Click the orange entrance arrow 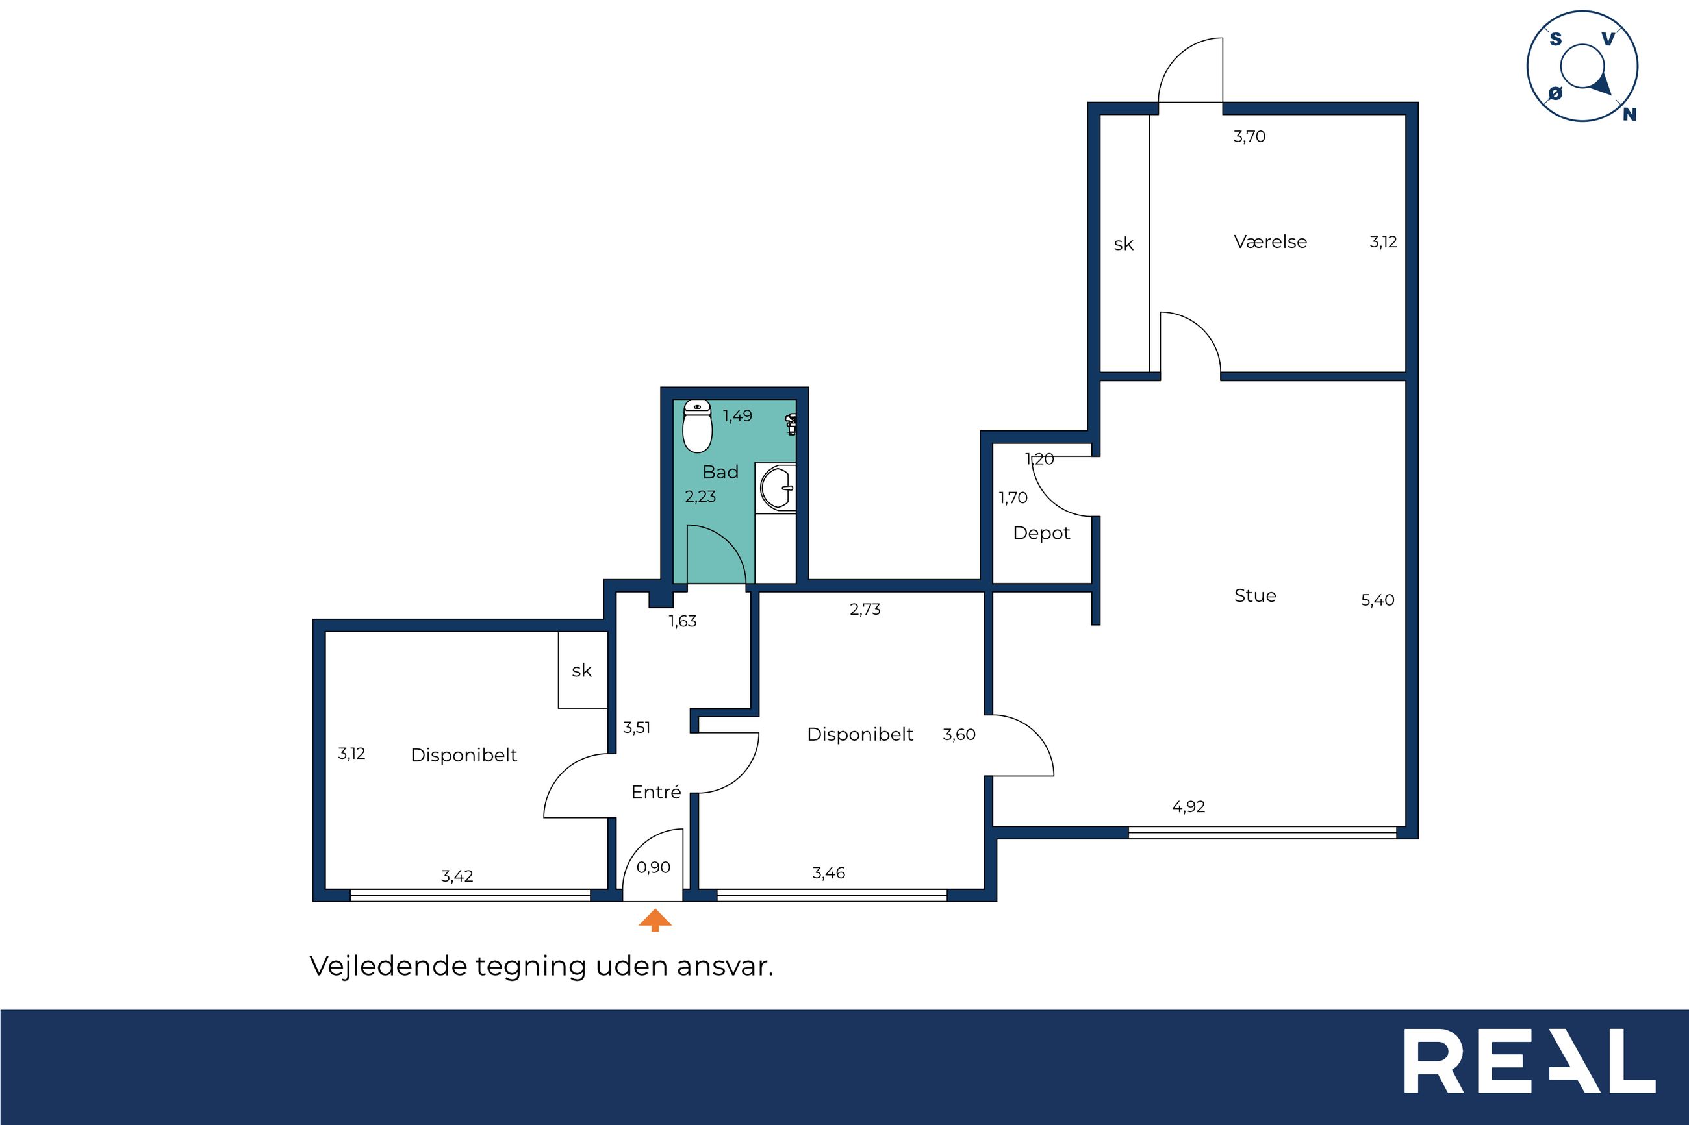[x=655, y=921]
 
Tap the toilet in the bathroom [x=696, y=427]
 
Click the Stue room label [x=1254, y=595]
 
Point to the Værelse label [x=1270, y=241]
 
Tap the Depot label [x=1041, y=533]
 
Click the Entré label [x=655, y=791]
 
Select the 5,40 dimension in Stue [x=1377, y=600]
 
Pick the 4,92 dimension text [x=1188, y=806]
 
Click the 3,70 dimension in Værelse [x=1249, y=136]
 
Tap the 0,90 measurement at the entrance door [x=654, y=867]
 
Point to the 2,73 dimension [x=864, y=609]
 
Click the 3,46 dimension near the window [x=828, y=873]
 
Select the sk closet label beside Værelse [x=1123, y=245]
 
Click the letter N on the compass [x=1629, y=114]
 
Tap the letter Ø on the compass [x=1555, y=93]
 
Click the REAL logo [x=1529, y=1070]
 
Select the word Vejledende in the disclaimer [x=388, y=966]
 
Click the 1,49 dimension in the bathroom [x=737, y=415]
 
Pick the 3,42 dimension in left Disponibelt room [x=457, y=876]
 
